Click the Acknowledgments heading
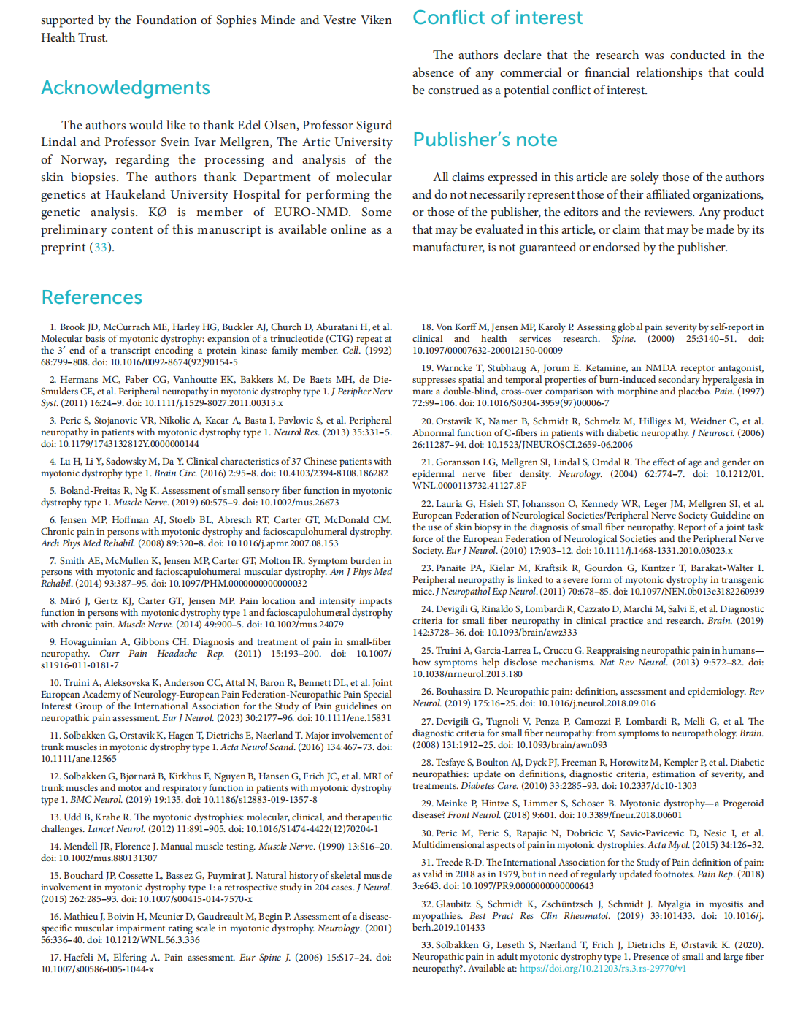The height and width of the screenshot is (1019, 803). pyautogui.click(x=126, y=88)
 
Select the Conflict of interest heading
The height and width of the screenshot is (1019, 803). pyautogui.click(x=497, y=18)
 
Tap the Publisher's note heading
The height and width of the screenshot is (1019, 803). pyautogui.click(x=485, y=140)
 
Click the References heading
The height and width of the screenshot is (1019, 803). pyautogui.click(x=92, y=297)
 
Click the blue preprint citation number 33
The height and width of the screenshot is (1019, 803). pyautogui.click(x=100, y=247)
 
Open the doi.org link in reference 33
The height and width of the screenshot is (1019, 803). pyautogui.click(x=603, y=968)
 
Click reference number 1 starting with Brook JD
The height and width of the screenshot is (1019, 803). pyautogui.click(x=52, y=327)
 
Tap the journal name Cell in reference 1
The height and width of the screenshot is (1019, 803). pyautogui.click(x=351, y=350)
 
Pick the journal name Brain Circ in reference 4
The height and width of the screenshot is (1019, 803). pyautogui.click(x=176, y=473)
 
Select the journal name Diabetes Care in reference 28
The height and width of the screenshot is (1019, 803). pyautogui.click(x=489, y=785)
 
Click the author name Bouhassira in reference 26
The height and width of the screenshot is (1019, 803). pyautogui.click(x=465, y=691)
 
